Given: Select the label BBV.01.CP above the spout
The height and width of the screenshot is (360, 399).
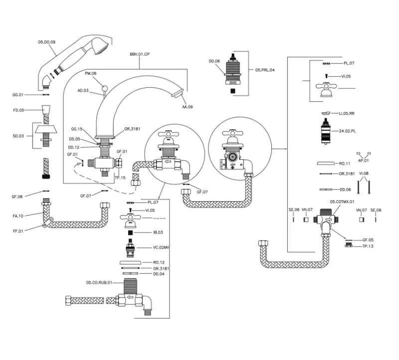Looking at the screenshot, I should pos(139,54).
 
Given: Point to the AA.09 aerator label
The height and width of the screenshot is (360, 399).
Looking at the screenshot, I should pos(187,107).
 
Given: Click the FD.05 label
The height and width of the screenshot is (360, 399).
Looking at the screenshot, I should pos(18,109).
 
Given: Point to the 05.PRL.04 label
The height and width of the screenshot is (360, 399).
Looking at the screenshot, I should pos(266,70).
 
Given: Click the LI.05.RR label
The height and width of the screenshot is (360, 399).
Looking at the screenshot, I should pos(347,113).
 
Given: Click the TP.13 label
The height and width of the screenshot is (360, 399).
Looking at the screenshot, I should pos(368,246).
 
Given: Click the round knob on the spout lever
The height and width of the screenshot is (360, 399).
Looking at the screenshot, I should pos(104,89).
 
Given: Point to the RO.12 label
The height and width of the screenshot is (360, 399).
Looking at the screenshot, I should pos(159,262).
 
